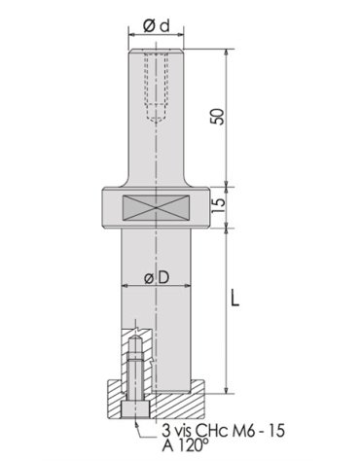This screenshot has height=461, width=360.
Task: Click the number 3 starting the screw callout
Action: [163, 425]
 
